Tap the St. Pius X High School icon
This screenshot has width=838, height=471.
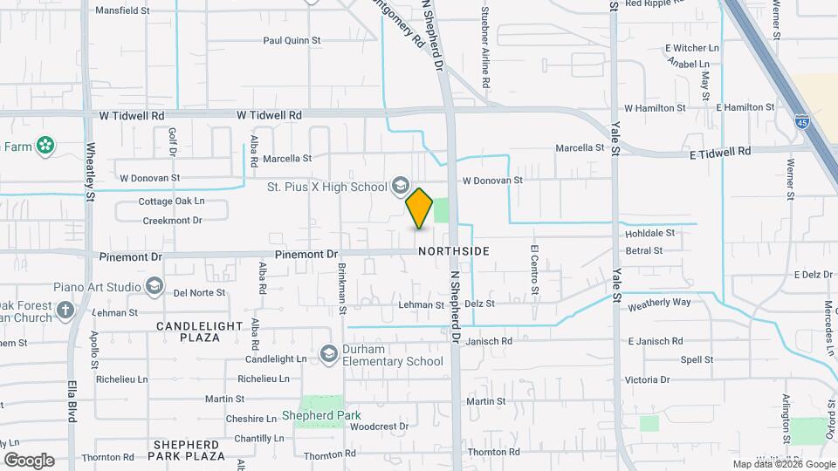[x=400, y=185]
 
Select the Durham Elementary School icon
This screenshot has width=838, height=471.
[x=328, y=353]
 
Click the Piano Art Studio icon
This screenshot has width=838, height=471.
[x=154, y=286]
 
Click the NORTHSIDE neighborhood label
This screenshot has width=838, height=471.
[x=453, y=251]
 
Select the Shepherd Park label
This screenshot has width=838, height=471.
[x=312, y=415]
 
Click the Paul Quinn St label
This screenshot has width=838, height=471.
[x=292, y=40]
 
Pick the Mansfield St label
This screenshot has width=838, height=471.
[x=122, y=11]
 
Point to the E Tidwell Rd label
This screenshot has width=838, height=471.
[x=720, y=151]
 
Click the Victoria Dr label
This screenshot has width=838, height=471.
[x=647, y=379]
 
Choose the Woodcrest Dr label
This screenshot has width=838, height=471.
[x=379, y=427]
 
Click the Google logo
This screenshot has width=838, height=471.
[x=29, y=460]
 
